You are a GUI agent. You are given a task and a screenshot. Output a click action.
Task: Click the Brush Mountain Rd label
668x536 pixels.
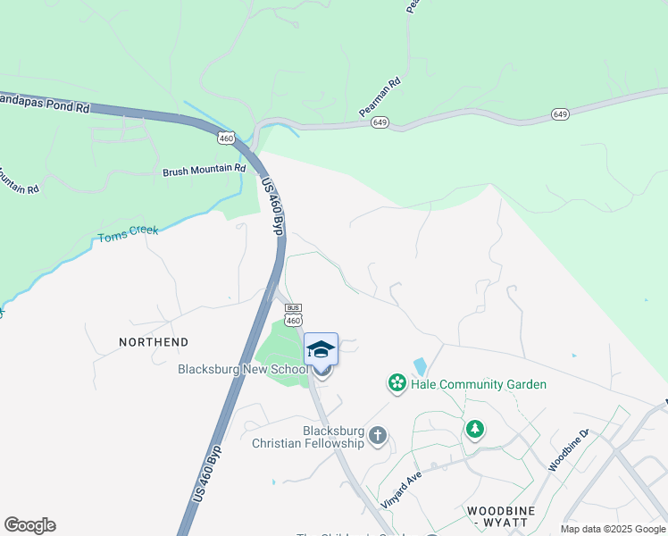(204, 169)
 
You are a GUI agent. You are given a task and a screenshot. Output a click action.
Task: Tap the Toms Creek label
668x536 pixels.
(128, 235)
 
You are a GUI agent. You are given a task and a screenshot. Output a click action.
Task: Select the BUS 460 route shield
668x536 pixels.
(294, 314)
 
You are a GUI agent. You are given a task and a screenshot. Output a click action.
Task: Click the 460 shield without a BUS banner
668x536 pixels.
(226, 137)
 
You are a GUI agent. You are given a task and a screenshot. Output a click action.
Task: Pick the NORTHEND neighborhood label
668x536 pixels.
(154, 342)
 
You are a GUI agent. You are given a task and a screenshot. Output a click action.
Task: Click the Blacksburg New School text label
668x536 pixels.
(241, 369)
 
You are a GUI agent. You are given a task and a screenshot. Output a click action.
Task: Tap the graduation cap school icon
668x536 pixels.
(321, 349)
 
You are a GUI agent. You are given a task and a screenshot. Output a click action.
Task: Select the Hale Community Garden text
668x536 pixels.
(478, 384)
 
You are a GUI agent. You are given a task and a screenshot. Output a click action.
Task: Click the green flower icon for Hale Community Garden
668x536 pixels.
(396, 384)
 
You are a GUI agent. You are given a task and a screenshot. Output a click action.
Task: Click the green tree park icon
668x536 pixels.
(475, 431)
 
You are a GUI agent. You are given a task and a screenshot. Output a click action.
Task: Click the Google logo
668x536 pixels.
(29, 525)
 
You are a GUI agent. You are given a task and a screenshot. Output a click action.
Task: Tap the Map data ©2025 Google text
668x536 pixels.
(613, 529)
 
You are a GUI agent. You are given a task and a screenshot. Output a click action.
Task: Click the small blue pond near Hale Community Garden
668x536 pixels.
(420, 366)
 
